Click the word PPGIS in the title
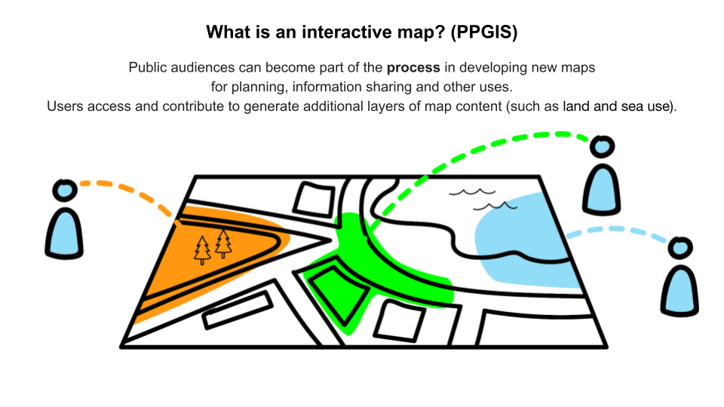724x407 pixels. pos(483,32)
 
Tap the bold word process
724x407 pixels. pos(413,68)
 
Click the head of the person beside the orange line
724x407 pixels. pos(65,190)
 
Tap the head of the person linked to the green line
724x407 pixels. pos(602,147)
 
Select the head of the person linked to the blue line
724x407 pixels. pos(680,248)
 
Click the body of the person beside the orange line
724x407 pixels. pos(64,233)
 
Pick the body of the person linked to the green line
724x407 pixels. pos(601,190)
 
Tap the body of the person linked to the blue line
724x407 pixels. pos(680,291)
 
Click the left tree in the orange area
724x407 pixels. pos(202,250)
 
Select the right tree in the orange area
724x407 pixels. pos(223,244)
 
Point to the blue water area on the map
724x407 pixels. pos(524,240)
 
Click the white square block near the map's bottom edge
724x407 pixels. pos(400,321)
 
